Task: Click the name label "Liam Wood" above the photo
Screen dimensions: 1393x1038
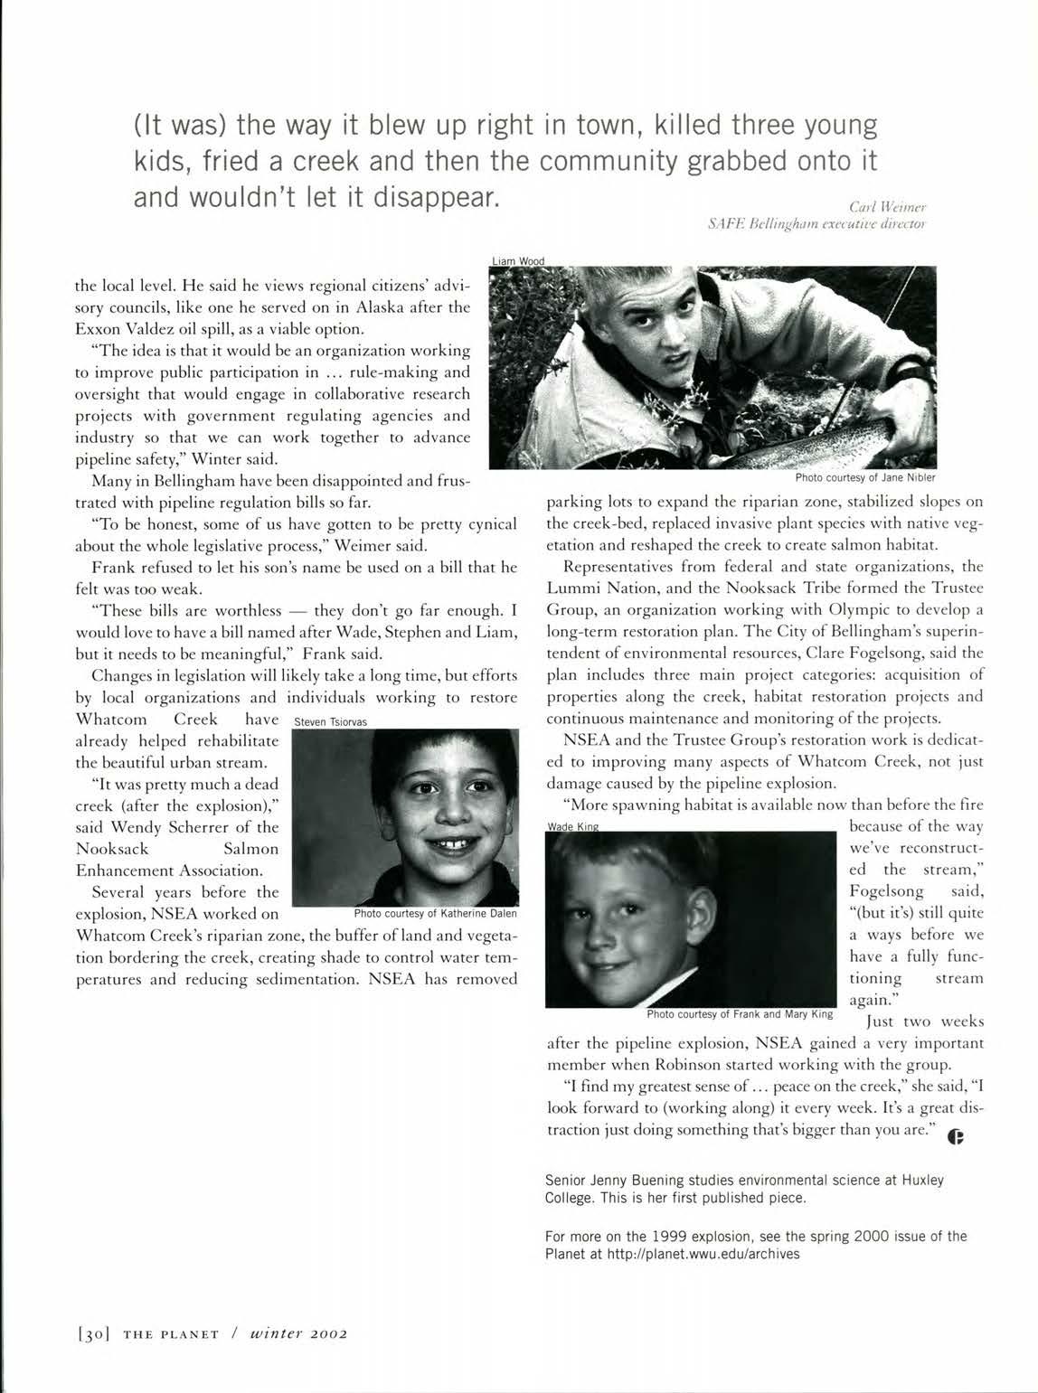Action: pos(518,261)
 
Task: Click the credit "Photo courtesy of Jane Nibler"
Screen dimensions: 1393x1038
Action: pos(865,477)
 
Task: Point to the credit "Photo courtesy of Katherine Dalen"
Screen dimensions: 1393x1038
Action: pos(435,913)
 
